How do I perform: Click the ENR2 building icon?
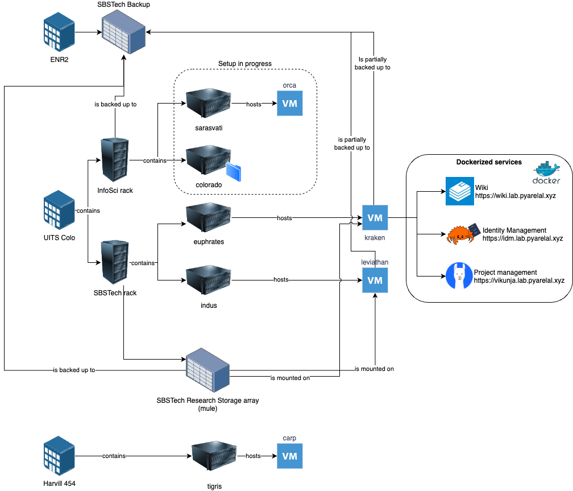[x=60, y=34]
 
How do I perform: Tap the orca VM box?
[x=290, y=104]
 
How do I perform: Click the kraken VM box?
[x=375, y=217]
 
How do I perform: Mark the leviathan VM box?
[x=375, y=280]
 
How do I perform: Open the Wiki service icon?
[x=459, y=191]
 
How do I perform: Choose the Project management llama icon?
[x=459, y=276]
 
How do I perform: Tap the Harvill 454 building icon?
[x=60, y=457]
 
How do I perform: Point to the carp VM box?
[x=290, y=456]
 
